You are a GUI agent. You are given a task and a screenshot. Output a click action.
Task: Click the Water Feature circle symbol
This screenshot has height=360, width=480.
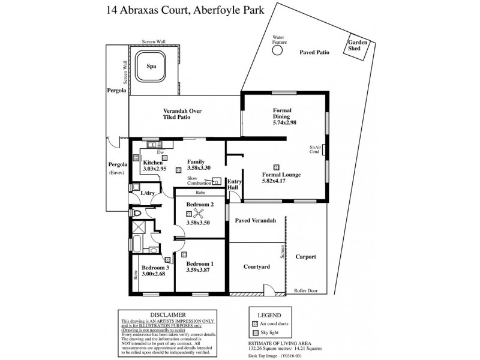pyautogui.click(x=277, y=51)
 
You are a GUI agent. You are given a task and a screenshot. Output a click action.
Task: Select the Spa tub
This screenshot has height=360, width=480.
pyautogui.click(x=152, y=67)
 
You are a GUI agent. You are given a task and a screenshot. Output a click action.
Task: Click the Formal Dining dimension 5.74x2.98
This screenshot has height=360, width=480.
pyautogui.click(x=285, y=122)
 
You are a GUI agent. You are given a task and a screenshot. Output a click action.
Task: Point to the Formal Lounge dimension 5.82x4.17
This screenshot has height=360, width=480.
pyautogui.click(x=281, y=182)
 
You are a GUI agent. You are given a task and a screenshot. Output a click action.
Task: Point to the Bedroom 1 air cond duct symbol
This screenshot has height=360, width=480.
pyautogui.click(x=185, y=254)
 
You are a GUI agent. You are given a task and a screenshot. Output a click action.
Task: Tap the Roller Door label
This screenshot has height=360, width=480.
pyautogui.click(x=305, y=291)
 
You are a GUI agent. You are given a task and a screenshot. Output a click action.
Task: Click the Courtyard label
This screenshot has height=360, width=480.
pyautogui.click(x=256, y=266)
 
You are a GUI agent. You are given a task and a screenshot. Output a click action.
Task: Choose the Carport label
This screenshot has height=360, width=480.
pyautogui.click(x=306, y=257)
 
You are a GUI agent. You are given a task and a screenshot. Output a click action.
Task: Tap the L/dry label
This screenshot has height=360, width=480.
pyautogui.click(x=148, y=193)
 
